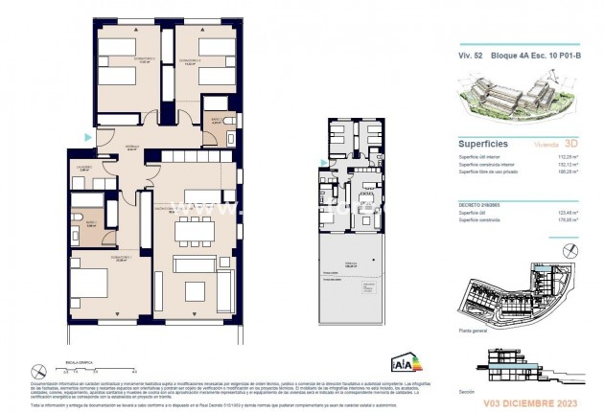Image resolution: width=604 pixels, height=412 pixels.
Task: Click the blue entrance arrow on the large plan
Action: coord(88,138)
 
